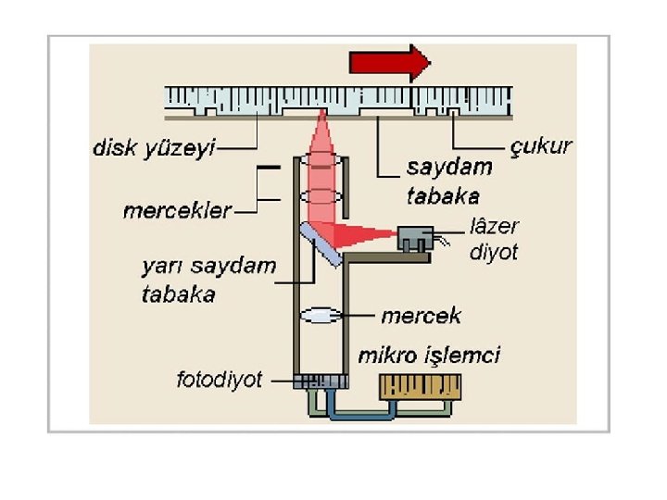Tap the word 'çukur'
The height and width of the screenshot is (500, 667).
click(x=542, y=146)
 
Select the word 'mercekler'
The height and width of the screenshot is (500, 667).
click(x=177, y=211)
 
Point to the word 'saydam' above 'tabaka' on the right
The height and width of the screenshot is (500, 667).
click(x=448, y=168)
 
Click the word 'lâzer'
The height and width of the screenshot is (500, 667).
click(x=495, y=226)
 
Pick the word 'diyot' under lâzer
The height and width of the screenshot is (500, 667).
click(x=494, y=251)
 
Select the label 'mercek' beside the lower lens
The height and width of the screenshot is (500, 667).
click(x=421, y=316)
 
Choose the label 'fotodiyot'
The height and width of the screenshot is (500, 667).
click(x=220, y=380)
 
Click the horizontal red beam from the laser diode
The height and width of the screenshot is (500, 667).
click(x=371, y=233)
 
